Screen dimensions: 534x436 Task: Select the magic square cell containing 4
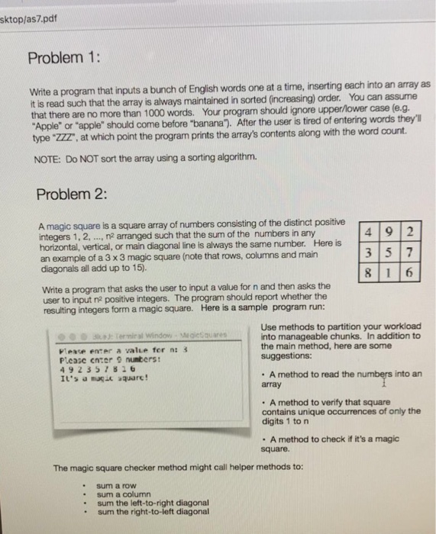click(369, 233)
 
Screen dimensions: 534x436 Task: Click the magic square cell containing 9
click(389, 233)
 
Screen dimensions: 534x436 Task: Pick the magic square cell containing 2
click(410, 233)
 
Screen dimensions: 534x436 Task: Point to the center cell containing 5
click(389, 253)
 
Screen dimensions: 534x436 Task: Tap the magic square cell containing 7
click(410, 253)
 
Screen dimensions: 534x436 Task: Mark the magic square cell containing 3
click(369, 253)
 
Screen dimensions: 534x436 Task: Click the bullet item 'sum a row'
click(115, 484)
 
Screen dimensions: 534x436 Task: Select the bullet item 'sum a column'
click(122, 494)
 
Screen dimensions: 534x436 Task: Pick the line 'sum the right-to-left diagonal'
click(153, 512)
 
